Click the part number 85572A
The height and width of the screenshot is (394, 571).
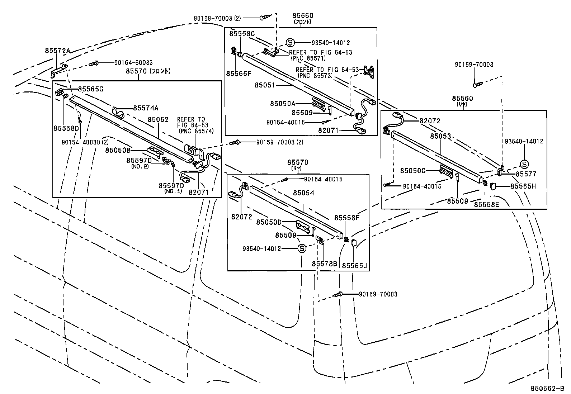click(57, 51)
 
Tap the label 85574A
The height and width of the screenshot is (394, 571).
click(146, 108)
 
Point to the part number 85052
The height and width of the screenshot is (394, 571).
click(158, 119)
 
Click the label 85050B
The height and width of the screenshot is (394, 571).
click(118, 150)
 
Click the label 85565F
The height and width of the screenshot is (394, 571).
click(239, 73)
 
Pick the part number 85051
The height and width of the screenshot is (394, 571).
click(265, 85)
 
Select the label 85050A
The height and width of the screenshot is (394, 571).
click(283, 104)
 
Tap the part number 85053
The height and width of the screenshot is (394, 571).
click(440, 136)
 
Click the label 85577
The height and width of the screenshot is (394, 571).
click(526, 174)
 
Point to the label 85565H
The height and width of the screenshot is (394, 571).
click(523, 186)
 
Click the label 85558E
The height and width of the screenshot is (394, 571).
click(486, 204)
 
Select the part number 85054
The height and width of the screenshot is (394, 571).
click(303, 193)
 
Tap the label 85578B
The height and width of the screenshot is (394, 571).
click(324, 264)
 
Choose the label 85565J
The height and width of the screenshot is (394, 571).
click(354, 266)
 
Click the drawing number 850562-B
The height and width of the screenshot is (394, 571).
click(548, 389)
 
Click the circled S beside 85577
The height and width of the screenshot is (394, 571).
click(524, 164)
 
